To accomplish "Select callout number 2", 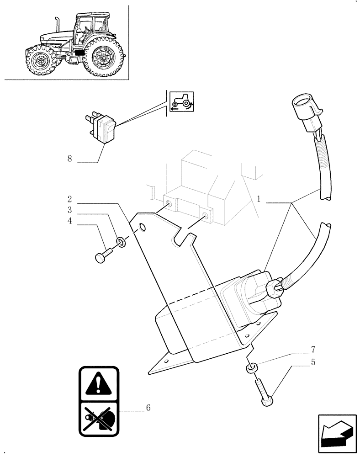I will (69, 199).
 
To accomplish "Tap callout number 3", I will (69, 210).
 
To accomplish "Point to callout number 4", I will (69, 221).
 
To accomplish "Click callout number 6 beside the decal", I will (148, 407).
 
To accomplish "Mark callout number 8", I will (69, 159).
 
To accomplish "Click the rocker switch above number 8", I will (103, 129).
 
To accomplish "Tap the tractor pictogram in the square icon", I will (182, 101).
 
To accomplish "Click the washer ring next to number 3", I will (121, 241).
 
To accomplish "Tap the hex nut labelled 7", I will (250, 368).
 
